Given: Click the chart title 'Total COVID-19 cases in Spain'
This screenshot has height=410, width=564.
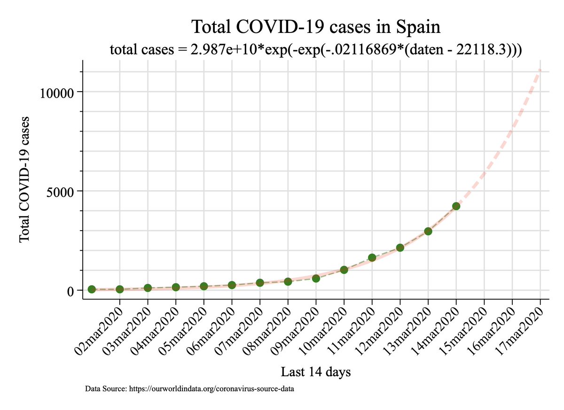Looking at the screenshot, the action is (316, 27).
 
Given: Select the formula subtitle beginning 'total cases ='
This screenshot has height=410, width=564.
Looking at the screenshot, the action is (316, 49).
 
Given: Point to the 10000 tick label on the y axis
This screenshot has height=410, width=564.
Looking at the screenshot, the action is (57, 93).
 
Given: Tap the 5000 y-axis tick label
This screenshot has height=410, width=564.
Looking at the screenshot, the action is (60, 193).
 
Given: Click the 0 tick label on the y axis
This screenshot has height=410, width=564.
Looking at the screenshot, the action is (70, 292).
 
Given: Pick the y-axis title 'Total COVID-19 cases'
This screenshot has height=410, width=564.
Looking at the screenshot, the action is (24, 179).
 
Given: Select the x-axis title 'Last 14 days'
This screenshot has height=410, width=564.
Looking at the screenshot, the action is (316, 372).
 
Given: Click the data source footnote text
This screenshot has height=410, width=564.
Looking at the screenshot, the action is (189, 389).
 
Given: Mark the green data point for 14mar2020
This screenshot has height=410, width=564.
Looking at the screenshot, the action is (456, 206).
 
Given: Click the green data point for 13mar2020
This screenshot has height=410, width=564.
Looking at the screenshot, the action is (428, 231).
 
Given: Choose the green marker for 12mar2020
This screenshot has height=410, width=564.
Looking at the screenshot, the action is (400, 248).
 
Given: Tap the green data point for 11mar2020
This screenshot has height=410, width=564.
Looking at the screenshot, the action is (372, 257).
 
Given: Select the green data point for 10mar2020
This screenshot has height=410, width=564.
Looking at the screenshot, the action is (344, 270).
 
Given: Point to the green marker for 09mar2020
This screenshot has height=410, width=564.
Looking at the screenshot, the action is (316, 278).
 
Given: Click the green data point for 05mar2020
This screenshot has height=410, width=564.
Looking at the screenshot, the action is (204, 286).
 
